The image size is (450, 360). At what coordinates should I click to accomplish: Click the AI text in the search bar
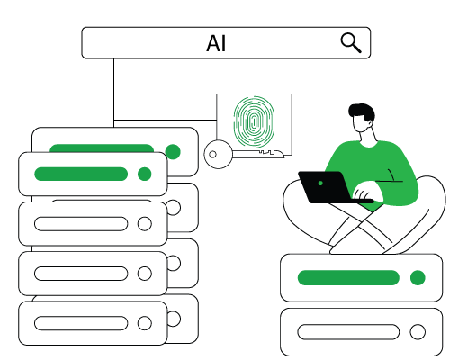click(x=216, y=44)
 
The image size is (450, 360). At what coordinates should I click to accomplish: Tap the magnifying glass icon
click(x=350, y=42)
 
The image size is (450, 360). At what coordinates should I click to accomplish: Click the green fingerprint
click(x=254, y=121)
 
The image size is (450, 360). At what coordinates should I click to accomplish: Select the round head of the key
click(x=219, y=154)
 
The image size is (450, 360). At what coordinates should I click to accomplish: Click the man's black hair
click(x=363, y=112)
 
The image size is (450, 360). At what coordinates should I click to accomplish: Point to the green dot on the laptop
click(x=320, y=183)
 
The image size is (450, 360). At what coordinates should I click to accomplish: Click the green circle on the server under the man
click(x=418, y=277)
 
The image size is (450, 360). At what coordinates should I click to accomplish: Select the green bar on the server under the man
click(x=348, y=277)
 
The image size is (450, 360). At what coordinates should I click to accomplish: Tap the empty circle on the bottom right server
click(x=418, y=332)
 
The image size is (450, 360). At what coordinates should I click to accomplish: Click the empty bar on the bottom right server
click(x=348, y=332)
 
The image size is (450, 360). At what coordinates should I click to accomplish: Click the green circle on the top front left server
click(x=145, y=174)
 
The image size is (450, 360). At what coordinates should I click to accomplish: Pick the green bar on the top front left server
click(x=81, y=174)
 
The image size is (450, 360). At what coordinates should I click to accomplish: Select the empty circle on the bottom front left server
click(x=145, y=323)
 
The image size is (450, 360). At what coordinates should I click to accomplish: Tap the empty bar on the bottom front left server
click(x=81, y=323)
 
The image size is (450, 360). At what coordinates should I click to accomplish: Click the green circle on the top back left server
click(x=173, y=151)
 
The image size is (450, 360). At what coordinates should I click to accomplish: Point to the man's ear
click(x=371, y=123)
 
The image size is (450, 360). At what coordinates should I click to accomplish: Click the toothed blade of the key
click(x=258, y=154)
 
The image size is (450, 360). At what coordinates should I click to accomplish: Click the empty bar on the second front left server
click(x=81, y=224)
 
